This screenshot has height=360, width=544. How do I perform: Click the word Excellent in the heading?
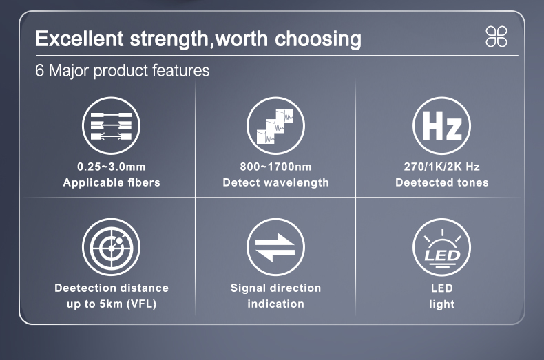point(79,38)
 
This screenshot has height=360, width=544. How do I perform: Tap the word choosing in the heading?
point(318,39)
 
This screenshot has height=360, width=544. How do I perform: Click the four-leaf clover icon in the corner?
point(496,36)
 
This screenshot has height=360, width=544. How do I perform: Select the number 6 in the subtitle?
point(39,71)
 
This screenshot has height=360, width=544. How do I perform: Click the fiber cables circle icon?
point(111,125)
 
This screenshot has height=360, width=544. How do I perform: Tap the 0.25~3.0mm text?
point(112,167)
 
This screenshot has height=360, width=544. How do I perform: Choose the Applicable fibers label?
point(112,182)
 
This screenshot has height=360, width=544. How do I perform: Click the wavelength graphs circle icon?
point(275,125)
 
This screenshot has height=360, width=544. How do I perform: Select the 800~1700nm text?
point(276,167)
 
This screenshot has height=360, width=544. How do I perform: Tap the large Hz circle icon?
point(441,125)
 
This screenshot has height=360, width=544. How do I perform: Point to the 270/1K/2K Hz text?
point(441,167)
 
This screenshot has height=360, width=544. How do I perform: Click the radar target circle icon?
point(111,247)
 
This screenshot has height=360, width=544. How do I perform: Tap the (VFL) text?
point(142,304)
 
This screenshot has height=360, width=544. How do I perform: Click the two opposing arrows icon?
point(275,247)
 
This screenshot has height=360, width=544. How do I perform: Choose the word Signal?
point(249,288)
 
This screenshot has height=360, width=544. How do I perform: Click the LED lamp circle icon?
point(441,247)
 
